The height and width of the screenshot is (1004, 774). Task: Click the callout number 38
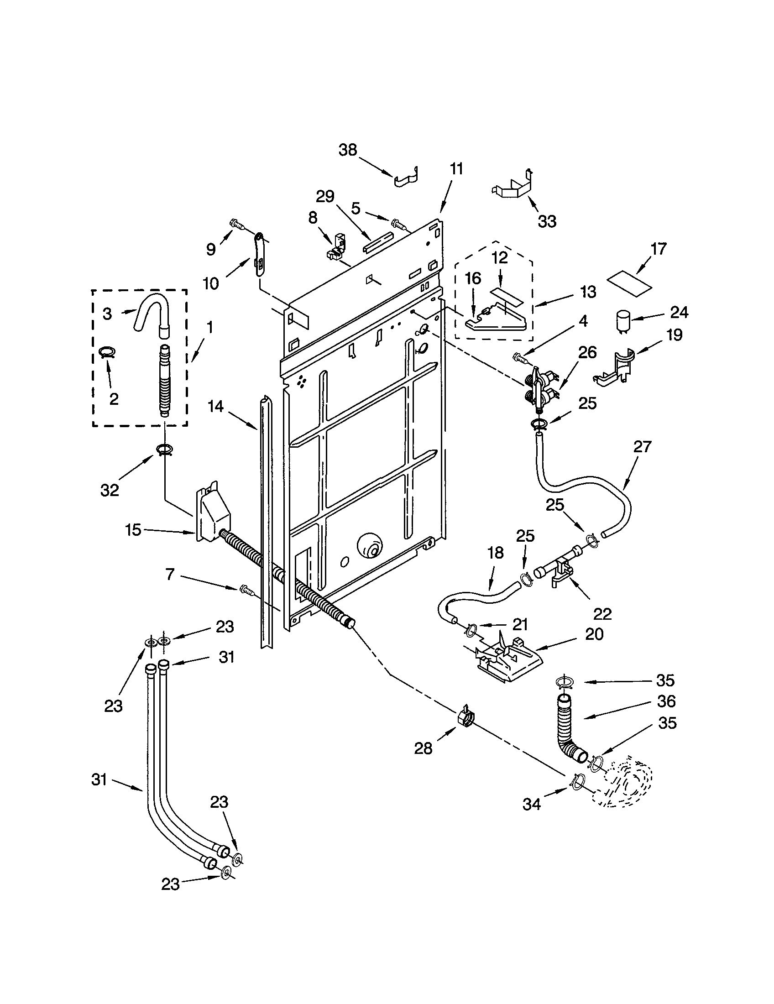(347, 150)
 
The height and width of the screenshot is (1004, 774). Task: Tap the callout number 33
(546, 221)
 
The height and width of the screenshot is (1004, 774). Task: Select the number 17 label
(658, 249)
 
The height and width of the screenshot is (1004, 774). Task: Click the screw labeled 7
(246, 589)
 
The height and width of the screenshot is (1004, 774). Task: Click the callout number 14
(215, 406)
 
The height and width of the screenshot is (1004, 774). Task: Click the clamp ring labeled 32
(165, 449)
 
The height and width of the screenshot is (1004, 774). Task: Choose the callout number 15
(133, 530)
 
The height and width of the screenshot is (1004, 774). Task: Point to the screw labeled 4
(520, 356)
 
